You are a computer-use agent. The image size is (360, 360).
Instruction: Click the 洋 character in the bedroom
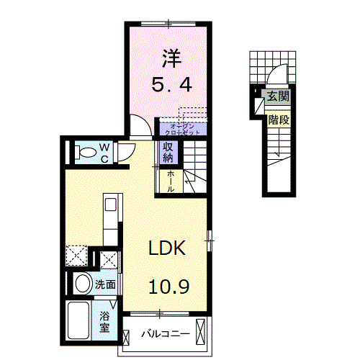click(x=170, y=56)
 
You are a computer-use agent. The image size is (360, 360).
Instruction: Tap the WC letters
click(x=104, y=152)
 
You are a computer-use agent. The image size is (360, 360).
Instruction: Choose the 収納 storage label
click(x=168, y=152)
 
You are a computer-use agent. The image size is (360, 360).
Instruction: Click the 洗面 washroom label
click(x=105, y=284)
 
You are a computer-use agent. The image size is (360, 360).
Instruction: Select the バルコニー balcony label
click(x=165, y=334)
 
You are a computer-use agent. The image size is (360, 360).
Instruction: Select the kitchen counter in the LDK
click(x=112, y=220)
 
